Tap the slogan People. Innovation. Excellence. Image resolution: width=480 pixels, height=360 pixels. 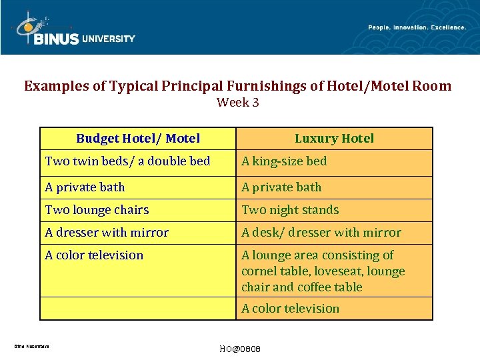(x=417, y=27)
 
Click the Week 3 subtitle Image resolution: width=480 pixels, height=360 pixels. (x=238, y=103)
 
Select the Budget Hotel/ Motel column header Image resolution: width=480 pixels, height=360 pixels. (x=138, y=139)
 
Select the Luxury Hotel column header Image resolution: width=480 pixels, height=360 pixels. (x=334, y=139)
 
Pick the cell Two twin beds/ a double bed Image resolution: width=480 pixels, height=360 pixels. (x=127, y=161)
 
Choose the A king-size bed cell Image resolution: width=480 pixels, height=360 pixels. (x=284, y=161)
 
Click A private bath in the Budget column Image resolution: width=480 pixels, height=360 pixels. (x=85, y=187)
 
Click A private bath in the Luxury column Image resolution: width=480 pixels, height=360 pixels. (x=281, y=187)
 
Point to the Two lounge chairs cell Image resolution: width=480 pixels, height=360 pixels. (x=97, y=210)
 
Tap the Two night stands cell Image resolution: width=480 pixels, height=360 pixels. (x=290, y=210)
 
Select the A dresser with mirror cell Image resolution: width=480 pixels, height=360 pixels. (x=107, y=233)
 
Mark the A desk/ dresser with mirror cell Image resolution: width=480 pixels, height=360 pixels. (x=321, y=233)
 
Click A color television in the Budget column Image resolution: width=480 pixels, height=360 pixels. (x=94, y=255)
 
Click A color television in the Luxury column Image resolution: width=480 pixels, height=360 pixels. (x=290, y=309)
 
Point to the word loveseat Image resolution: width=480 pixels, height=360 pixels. (x=341, y=271)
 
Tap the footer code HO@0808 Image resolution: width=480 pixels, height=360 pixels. (x=239, y=350)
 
